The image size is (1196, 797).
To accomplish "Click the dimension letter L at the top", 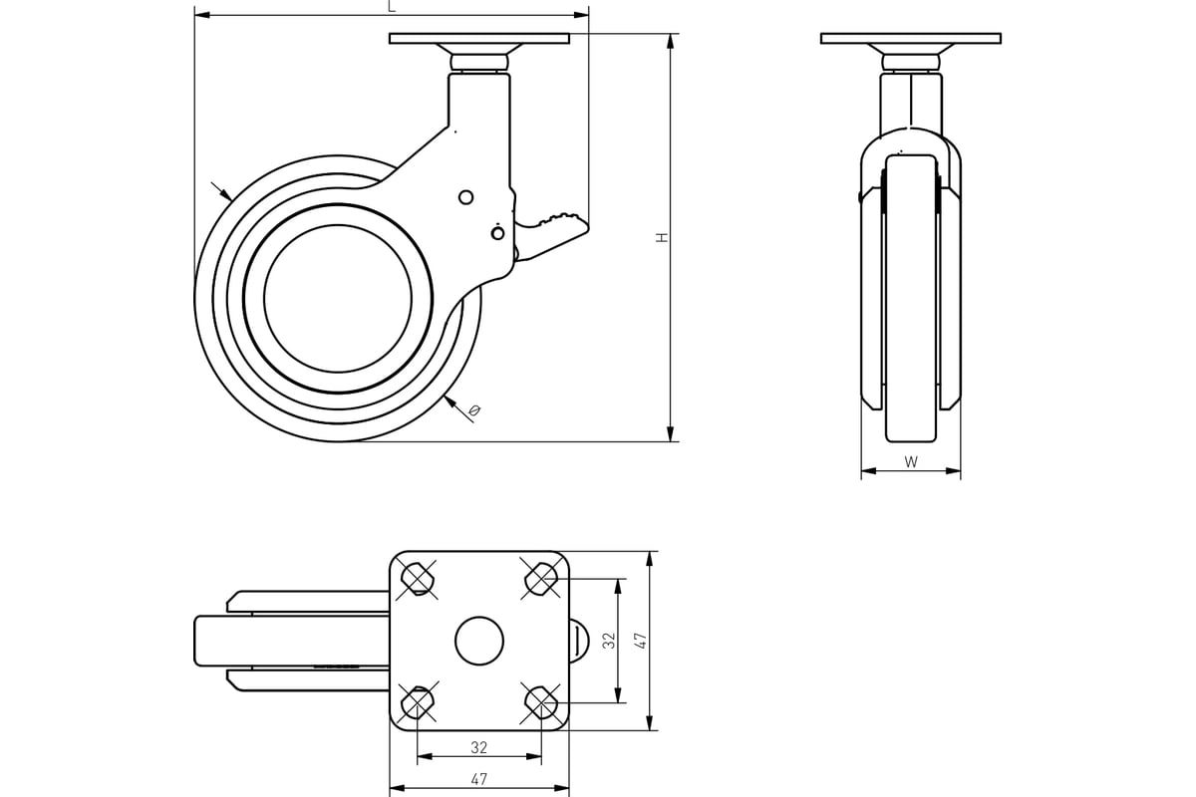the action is coord(392,6).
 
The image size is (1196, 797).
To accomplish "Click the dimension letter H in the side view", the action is coord(662,237).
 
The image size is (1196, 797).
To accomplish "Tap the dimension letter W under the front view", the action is coord(911,461).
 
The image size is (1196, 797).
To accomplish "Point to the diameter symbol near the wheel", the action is coord(474,410).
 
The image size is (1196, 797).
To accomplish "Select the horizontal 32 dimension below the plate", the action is coord(479,748).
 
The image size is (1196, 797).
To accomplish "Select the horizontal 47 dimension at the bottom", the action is coord(479,779).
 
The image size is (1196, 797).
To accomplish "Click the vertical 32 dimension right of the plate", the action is coord(609,641).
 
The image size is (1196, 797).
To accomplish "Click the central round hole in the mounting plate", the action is coord(479,641).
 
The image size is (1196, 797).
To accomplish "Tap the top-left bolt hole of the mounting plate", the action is coord(417,579).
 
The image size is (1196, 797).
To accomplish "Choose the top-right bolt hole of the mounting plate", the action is coord(541,579).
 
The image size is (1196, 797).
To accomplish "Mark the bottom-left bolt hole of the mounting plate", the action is coord(417,703).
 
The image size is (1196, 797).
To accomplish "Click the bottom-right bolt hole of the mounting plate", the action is coord(541,703).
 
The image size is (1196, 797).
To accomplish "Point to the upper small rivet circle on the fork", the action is coord(466,197).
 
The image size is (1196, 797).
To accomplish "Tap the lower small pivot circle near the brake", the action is coord(497,233).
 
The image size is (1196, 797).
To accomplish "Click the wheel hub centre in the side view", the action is coord(338,299).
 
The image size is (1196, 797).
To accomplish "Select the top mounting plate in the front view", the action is coord(910,39).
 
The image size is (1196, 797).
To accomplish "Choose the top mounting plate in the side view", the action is coord(479,39).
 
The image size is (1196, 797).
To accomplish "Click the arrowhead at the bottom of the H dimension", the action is coord(671,434).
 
